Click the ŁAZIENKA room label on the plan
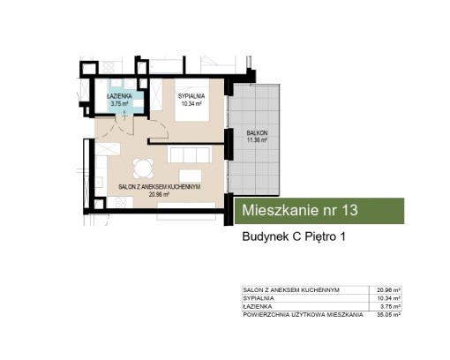click(x=119, y=96)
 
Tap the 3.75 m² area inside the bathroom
click(x=119, y=103)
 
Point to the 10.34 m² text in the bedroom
click(x=191, y=103)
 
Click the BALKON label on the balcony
click(x=257, y=133)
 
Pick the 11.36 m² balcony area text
click(x=257, y=140)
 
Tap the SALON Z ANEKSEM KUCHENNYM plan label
click(x=160, y=187)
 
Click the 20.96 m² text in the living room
click(x=159, y=194)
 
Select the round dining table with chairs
click(x=143, y=169)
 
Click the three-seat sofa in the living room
click(x=190, y=154)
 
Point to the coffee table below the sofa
click(x=191, y=176)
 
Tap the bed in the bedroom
click(x=192, y=100)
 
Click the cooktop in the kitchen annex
click(x=121, y=202)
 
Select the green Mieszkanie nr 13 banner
click(x=319, y=211)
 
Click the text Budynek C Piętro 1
click(x=294, y=236)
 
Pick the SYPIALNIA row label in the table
click(x=259, y=298)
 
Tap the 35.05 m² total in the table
click(x=389, y=315)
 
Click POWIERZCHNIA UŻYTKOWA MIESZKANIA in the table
click(x=303, y=315)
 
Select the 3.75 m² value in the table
click(x=390, y=306)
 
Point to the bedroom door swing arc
click(x=162, y=127)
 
